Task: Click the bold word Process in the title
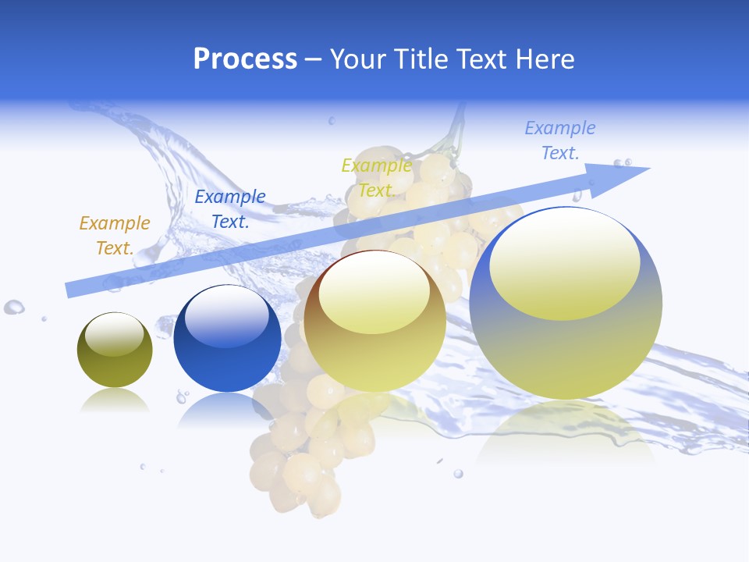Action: coord(245,59)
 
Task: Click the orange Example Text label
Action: coord(115,236)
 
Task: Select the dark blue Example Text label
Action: coord(230,209)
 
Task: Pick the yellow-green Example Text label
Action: coord(377,178)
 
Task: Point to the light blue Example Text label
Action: coord(560,140)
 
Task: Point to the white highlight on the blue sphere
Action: coord(227,317)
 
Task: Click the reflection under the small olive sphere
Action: coord(115,401)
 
